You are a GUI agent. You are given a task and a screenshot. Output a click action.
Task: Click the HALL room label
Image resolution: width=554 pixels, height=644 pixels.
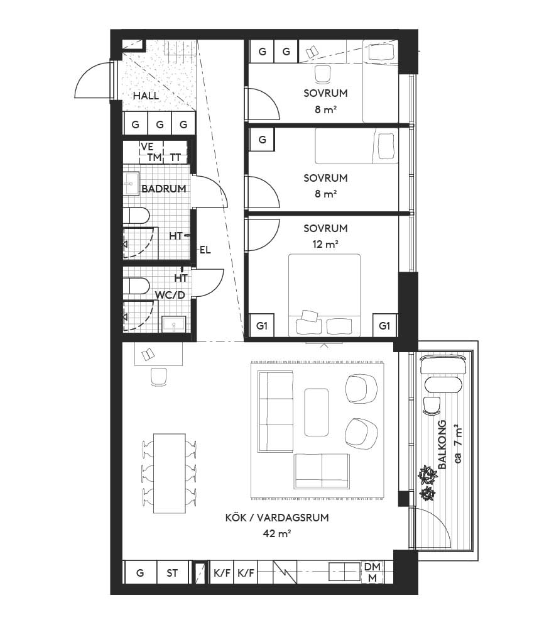(146, 96)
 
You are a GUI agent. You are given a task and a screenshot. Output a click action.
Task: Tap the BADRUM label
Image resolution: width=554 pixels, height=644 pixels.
(163, 189)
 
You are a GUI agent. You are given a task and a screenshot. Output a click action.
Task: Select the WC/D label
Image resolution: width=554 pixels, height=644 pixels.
(170, 295)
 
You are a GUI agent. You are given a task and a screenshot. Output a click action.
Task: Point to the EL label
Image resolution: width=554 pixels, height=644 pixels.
(205, 250)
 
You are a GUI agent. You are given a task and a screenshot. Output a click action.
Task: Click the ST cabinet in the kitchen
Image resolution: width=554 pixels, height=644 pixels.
(172, 573)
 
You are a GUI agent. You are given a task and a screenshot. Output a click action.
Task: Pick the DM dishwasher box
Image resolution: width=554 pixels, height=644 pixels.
(372, 567)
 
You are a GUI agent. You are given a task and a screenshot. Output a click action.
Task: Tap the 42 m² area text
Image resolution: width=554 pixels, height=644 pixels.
(277, 533)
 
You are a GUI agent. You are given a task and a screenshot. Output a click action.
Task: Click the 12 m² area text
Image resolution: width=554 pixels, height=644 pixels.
(325, 245)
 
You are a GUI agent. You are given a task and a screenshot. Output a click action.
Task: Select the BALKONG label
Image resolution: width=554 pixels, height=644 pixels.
(442, 445)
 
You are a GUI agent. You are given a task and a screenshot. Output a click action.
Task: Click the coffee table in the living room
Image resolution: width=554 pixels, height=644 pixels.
(316, 413)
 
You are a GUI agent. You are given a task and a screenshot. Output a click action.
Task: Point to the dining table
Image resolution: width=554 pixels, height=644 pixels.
(170, 473)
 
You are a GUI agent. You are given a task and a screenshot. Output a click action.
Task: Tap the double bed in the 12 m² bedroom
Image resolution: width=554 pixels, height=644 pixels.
(324, 296)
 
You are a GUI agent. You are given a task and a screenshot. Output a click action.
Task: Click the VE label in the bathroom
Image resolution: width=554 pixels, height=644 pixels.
(147, 147)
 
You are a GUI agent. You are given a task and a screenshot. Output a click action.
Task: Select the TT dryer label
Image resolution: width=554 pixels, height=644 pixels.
(175, 158)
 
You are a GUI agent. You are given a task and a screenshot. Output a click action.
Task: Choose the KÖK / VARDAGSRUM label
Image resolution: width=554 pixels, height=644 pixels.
(277, 518)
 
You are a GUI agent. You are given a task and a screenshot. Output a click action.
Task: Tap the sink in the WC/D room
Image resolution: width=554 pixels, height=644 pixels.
(174, 324)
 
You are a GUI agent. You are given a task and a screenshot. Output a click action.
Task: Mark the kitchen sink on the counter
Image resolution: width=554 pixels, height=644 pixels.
(345, 572)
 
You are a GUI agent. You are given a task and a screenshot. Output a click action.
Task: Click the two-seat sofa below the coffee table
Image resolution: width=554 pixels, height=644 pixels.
(322, 471)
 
